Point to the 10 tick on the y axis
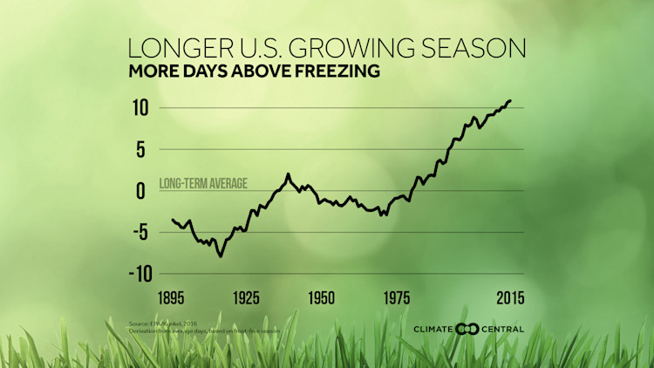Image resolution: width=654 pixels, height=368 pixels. pos(140,108)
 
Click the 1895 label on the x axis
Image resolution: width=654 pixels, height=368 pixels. pos(174,299)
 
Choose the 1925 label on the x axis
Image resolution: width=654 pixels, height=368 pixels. pos(247,299)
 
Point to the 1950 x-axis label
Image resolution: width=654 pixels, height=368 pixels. pos(322,299)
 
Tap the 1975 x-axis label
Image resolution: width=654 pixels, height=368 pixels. pos(397,299)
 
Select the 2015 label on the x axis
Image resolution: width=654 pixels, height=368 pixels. pos(509,299)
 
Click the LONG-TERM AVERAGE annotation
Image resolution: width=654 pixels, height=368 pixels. pos(203,183)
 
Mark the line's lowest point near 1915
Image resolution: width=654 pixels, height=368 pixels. pos(221,256)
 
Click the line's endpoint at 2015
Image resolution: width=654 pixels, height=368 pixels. pos(511,100)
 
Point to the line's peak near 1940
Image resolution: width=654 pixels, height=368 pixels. pos(288,174)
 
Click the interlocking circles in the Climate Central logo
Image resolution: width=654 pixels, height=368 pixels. pos(469,329)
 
